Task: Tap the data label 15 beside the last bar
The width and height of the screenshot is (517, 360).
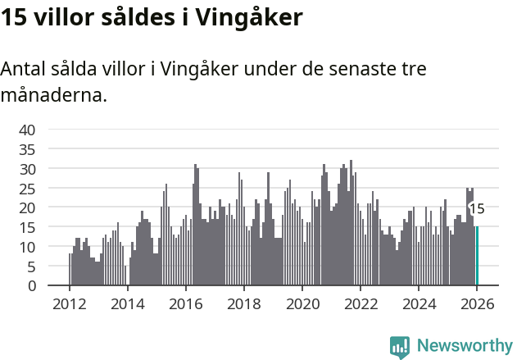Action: tap(477, 209)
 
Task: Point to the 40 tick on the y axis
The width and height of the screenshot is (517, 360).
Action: tap(27, 130)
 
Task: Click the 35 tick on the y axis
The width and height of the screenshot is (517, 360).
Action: tap(27, 149)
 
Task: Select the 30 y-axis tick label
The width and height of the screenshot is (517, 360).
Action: tap(27, 169)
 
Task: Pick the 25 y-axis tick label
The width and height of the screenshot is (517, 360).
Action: tap(27, 188)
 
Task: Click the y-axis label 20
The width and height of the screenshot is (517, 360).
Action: tap(27, 207)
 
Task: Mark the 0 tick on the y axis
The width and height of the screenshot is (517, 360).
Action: tap(31, 285)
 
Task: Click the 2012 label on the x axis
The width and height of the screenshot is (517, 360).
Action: tap(69, 305)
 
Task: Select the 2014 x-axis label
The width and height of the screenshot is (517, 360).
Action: tap(127, 305)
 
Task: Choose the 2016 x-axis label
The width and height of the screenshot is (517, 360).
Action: tap(185, 305)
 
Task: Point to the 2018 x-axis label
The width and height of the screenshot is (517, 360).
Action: tap(243, 305)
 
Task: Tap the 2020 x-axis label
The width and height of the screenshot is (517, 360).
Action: tap(302, 305)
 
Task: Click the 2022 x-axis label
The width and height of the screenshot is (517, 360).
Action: tap(360, 305)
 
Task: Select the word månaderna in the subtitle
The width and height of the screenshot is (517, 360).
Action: tap(53, 95)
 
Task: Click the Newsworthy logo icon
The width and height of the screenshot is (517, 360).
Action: tap(400, 346)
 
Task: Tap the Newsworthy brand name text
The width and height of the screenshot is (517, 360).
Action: tap(464, 346)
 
